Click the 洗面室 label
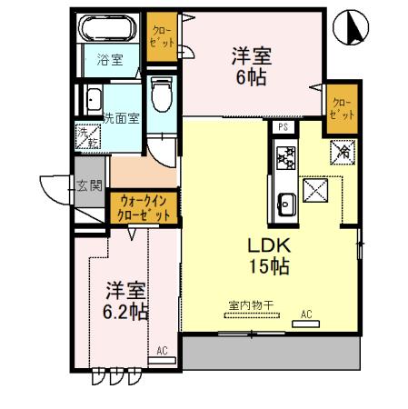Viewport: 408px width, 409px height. pos(122,118)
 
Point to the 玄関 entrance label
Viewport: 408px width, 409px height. pos(89,185)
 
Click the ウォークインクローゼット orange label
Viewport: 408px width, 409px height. pos(144,208)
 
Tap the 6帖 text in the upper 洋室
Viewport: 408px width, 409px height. pos(250,79)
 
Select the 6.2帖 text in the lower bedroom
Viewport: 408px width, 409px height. pos(126,313)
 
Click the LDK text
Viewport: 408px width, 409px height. pos(269,245)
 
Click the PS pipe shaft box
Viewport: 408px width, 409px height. pos(283,127)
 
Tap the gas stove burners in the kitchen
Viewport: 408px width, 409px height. pos(283,160)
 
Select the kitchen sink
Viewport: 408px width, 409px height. pos(284,205)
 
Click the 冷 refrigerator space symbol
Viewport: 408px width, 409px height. pos(344,152)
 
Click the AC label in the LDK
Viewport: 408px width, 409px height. pos(306,314)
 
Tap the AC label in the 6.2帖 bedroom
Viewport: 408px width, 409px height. pos(162,351)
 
